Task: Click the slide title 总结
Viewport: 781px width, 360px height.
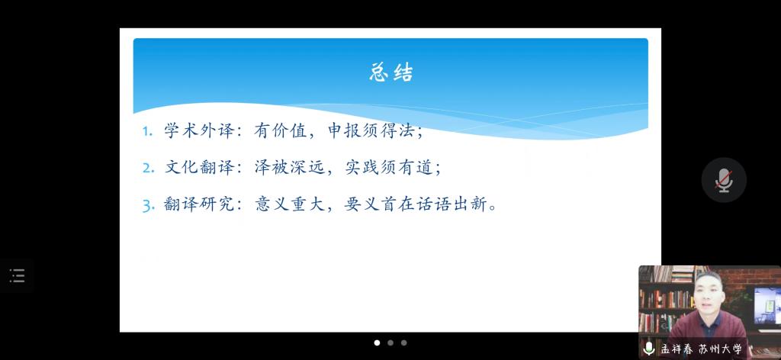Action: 391,72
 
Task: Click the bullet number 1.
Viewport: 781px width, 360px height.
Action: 146,131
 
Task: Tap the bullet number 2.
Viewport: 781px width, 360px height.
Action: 148,168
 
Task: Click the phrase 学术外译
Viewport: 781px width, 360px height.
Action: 199,130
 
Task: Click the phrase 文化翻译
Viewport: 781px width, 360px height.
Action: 199,167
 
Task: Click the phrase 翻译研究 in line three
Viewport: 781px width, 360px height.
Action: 199,204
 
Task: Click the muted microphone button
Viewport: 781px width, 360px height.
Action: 724,180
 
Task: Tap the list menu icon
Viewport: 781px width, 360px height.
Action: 17,275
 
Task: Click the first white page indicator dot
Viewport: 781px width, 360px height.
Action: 377,342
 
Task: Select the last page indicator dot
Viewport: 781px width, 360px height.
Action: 404,342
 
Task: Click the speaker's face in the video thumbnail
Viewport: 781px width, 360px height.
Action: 709,292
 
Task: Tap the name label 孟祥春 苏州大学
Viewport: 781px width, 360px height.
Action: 702,349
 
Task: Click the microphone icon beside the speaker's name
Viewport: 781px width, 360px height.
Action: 648,348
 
